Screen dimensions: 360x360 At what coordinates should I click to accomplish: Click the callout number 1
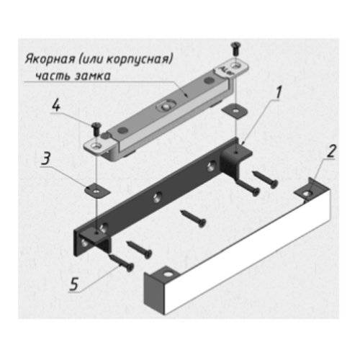(279, 93)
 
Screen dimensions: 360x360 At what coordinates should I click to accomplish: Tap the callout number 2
(331, 151)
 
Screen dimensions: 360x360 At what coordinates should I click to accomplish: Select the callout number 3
(46, 158)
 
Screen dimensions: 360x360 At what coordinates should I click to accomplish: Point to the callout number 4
(56, 106)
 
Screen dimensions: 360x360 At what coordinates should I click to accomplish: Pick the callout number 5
(74, 284)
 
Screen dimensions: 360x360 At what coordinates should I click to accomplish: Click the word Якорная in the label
(50, 59)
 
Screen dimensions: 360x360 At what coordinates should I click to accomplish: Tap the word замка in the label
(93, 76)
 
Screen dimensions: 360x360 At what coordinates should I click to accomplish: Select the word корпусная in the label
(139, 60)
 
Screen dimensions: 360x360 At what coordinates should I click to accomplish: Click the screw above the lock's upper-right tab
(235, 48)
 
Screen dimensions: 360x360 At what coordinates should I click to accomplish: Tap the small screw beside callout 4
(96, 128)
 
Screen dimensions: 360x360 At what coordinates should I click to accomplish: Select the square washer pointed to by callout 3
(97, 190)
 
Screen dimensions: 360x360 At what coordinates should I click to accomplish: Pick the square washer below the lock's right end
(235, 110)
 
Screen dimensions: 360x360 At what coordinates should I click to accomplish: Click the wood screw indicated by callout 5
(122, 264)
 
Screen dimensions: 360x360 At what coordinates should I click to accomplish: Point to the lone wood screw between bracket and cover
(193, 218)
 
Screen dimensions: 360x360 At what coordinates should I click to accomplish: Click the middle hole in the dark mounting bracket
(157, 197)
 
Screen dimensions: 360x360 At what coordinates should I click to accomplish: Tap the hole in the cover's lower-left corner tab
(168, 274)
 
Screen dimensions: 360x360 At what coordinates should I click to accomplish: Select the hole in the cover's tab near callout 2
(307, 192)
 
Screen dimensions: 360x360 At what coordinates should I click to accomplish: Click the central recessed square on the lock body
(166, 106)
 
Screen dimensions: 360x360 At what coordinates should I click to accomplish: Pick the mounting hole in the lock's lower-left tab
(96, 145)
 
